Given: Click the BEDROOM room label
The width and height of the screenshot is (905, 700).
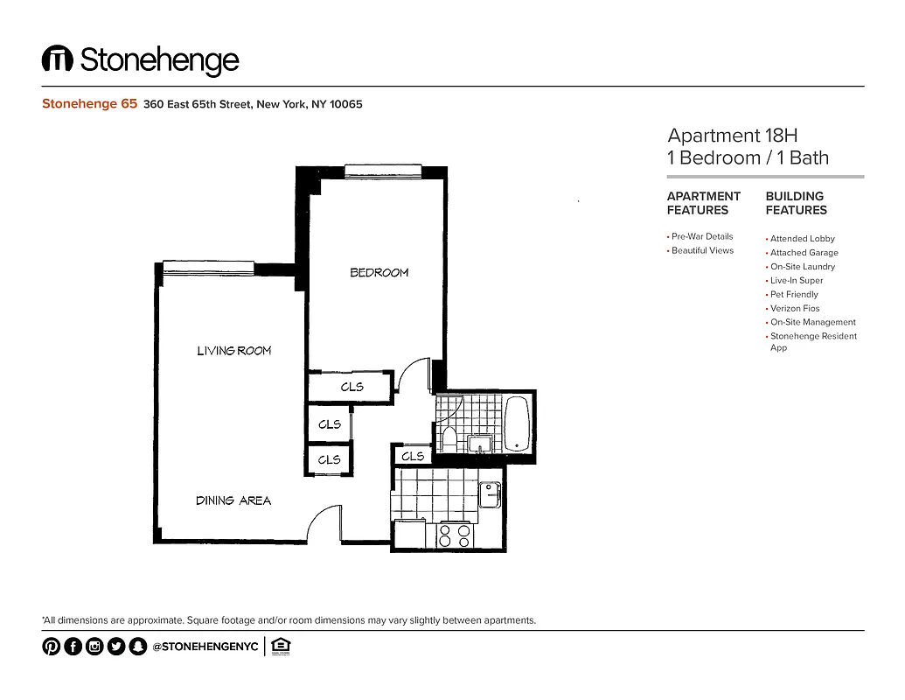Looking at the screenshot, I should pos(379,272).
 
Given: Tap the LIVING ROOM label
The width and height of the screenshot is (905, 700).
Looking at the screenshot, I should pos(233,351).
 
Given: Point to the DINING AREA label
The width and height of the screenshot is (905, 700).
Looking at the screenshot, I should pos(233,500).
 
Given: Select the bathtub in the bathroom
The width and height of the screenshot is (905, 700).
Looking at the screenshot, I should pos(517,423).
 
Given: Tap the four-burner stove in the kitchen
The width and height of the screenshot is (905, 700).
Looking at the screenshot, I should pos(455,535).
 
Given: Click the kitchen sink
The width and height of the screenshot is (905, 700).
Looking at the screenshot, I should pos(490,494).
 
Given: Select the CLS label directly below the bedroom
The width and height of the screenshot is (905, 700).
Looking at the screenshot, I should pos(352,387).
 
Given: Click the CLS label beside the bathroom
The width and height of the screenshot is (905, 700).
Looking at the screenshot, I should pos(413,456).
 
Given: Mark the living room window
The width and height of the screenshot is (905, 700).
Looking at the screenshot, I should pos(208,266).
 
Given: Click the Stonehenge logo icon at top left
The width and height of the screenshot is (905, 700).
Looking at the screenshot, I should pos(57,59).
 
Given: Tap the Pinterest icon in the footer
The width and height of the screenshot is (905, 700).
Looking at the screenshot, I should pos(51,647).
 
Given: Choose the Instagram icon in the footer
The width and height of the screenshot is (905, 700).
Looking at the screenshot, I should pos(94,647).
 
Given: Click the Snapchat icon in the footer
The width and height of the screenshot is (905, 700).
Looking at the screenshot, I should pos(137,647).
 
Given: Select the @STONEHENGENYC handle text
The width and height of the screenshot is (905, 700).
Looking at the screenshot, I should pos(205,647).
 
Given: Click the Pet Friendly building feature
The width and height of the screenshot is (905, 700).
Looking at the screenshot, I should pos(794,295).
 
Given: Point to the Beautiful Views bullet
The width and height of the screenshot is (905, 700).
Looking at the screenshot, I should pos(702,251).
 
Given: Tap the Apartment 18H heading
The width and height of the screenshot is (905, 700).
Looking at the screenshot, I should pos(732,136).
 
